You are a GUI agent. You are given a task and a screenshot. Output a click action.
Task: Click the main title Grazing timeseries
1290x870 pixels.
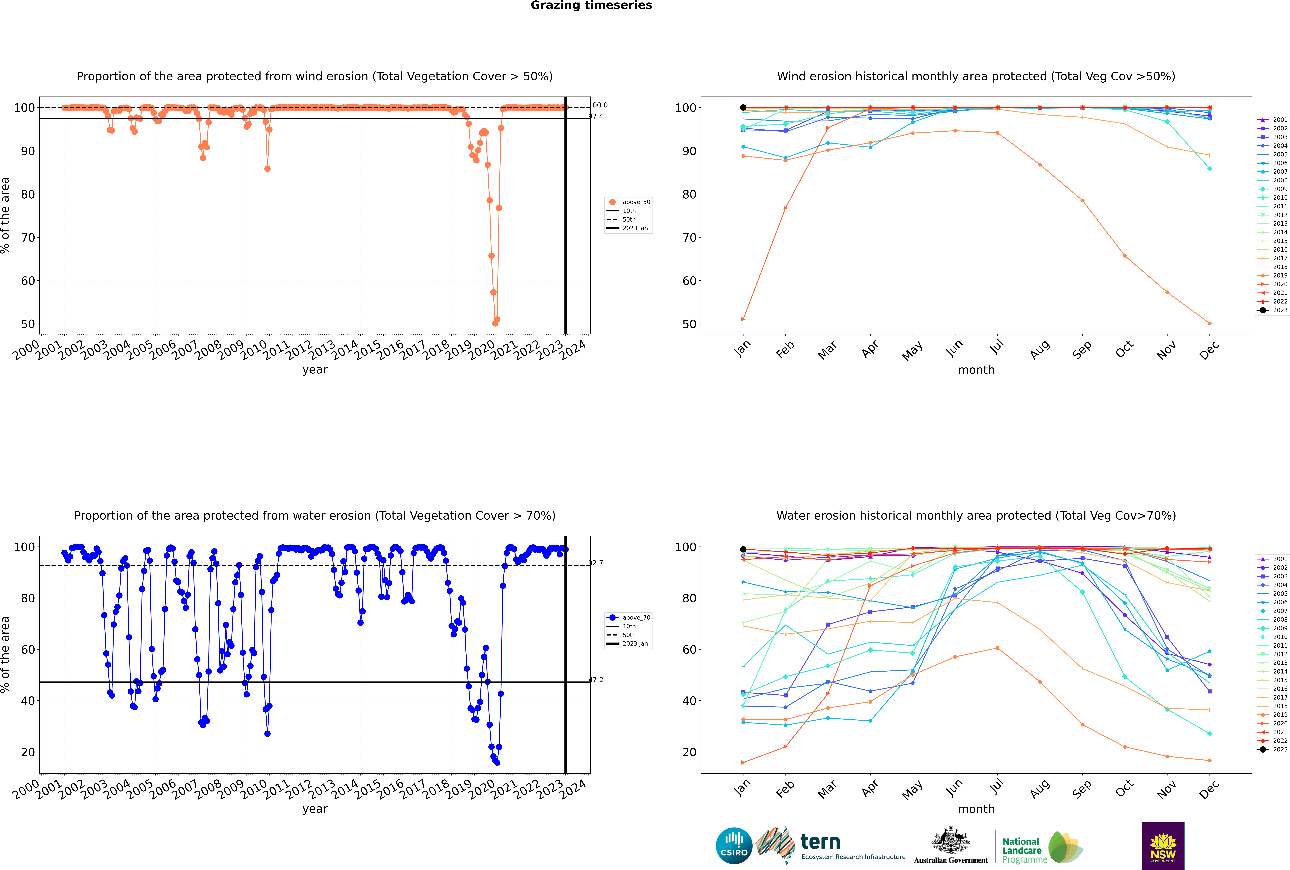591,6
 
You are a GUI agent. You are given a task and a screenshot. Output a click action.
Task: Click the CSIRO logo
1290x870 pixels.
734,846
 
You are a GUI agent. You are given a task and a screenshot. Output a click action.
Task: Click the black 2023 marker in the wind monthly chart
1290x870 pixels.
743,108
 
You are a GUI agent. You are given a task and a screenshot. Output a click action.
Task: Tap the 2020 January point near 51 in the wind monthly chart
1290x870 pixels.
743,319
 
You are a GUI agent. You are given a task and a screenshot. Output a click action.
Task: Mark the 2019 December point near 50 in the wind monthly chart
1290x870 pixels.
1210,323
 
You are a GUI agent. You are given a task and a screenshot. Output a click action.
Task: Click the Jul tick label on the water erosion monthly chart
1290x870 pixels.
997,787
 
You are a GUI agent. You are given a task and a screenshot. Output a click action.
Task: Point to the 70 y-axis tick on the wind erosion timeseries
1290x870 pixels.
28,238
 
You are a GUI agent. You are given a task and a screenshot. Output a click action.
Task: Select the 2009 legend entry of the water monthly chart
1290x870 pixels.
1279,628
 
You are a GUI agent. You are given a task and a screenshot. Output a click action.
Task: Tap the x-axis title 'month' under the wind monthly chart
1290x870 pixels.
976,370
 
